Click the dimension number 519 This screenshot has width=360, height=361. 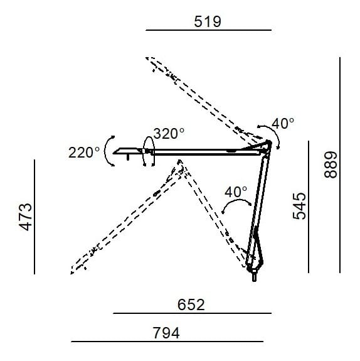(x=208, y=21)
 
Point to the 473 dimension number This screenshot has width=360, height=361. (x=25, y=217)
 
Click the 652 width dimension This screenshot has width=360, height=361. (x=191, y=304)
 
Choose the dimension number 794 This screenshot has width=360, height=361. (x=166, y=333)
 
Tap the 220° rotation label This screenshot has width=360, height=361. (x=85, y=152)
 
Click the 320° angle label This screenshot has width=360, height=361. (x=169, y=133)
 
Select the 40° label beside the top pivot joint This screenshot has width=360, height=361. (x=283, y=124)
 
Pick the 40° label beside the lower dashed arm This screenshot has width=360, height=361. (x=236, y=191)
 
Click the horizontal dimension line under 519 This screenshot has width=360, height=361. (x=208, y=30)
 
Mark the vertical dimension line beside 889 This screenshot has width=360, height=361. (x=339, y=164)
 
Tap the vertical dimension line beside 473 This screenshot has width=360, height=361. (x=35, y=217)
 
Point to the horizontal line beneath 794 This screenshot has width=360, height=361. (x=167, y=342)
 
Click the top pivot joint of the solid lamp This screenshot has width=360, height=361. (x=269, y=144)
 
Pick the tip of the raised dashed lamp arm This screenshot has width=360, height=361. (x=150, y=59)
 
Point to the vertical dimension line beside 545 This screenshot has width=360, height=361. (x=309, y=206)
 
